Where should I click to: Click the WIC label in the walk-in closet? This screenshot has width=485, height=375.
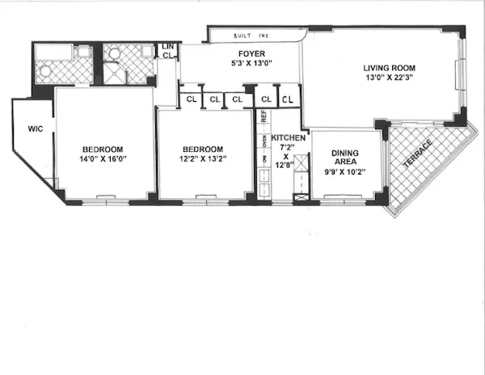coord(35,128)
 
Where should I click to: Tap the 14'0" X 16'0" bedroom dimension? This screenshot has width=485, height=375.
coord(103,159)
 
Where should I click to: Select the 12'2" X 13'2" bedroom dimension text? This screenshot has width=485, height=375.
coord(204,159)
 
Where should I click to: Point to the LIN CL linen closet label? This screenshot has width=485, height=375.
coord(168,51)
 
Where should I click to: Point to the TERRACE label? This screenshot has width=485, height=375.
coord(419,154)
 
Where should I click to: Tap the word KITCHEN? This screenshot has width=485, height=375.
coord(288,138)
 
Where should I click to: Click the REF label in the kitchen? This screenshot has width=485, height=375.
coord(264,116)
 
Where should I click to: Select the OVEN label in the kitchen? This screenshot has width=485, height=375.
coord(264,142)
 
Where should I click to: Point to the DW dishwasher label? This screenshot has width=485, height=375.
coord(264,170)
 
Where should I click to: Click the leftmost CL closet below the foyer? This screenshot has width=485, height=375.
coord(192,99)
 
